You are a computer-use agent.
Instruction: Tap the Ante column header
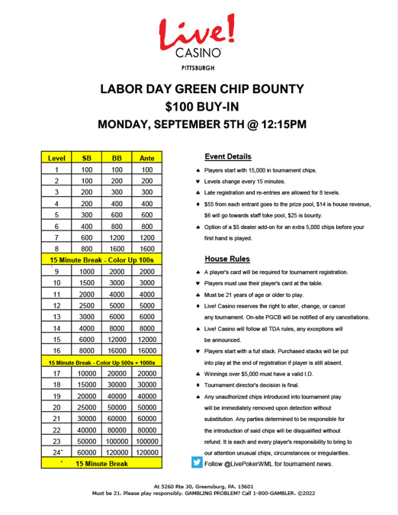(x=148, y=158)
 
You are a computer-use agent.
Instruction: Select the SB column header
(x=87, y=158)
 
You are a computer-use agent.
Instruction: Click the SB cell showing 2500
(x=87, y=304)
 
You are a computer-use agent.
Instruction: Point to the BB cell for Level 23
(x=117, y=440)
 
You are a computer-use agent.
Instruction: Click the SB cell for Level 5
(x=87, y=216)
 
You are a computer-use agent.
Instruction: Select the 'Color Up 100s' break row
(x=102, y=259)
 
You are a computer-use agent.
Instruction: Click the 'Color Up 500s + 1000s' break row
(x=102, y=361)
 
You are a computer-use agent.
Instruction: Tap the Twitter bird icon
(x=197, y=462)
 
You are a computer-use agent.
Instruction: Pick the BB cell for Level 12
(x=117, y=304)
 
